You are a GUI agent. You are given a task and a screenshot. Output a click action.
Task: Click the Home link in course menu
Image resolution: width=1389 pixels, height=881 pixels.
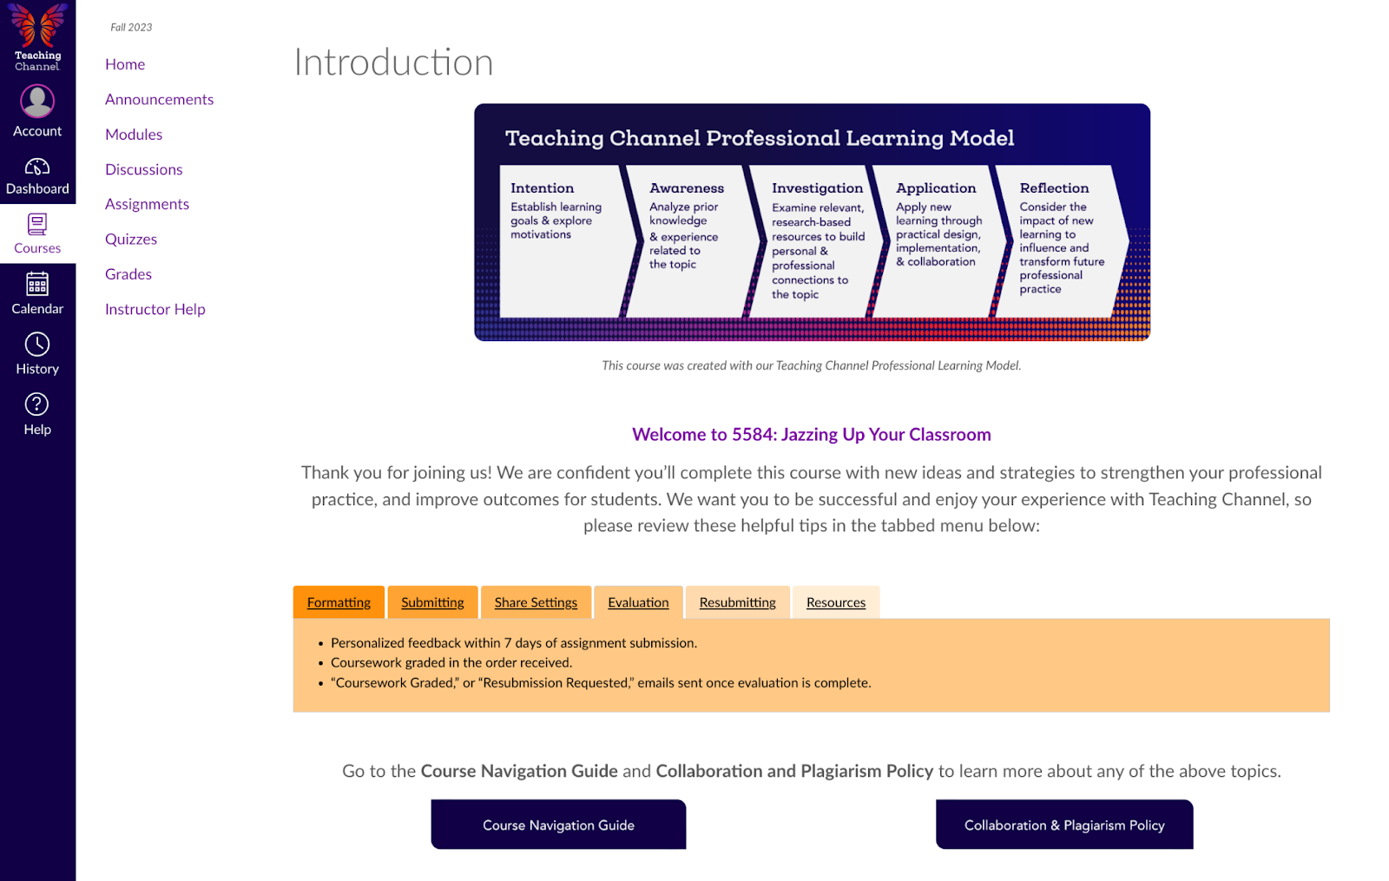[x=125, y=64]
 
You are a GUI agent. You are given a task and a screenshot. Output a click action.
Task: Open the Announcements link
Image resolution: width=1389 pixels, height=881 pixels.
[x=159, y=99]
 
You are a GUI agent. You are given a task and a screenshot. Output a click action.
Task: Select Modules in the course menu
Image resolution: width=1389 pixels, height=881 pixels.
[x=134, y=135]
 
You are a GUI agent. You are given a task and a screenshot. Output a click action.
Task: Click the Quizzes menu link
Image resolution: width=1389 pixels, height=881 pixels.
[x=131, y=239]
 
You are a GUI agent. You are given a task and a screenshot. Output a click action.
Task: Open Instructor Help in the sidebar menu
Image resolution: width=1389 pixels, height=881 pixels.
[x=155, y=309]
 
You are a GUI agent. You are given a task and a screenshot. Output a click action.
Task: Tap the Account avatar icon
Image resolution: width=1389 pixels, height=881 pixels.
[x=37, y=102]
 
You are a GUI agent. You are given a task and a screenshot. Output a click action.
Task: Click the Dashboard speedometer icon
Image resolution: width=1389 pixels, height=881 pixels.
[x=37, y=167]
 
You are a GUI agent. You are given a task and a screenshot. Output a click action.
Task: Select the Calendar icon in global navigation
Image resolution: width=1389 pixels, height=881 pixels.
[x=37, y=284]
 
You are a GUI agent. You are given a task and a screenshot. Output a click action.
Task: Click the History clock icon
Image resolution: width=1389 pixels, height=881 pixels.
[x=37, y=345]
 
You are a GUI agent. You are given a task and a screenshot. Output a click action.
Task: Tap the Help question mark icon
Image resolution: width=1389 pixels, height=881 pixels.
[x=37, y=404]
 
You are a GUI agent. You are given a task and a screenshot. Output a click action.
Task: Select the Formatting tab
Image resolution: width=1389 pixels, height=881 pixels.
[x=339, y=602]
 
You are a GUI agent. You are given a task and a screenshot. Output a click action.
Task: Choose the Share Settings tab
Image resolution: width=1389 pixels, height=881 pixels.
[x=536, y=602]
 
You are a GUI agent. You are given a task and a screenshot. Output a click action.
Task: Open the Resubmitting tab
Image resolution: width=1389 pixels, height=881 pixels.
[x=737, y=602]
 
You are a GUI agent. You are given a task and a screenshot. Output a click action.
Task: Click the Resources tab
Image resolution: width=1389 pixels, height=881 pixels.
[x=835, y=602]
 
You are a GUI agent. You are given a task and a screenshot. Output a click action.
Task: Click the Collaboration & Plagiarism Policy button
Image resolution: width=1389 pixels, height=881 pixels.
[x=1063, y=825]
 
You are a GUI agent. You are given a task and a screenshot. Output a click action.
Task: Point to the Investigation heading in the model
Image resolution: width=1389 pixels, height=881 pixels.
[x=817, y=188]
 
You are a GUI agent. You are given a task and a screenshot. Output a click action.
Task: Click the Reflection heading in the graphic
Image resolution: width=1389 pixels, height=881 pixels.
[x=1054, y=188]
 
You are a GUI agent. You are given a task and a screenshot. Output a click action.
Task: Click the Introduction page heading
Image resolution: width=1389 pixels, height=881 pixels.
[x=393, y=62]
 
